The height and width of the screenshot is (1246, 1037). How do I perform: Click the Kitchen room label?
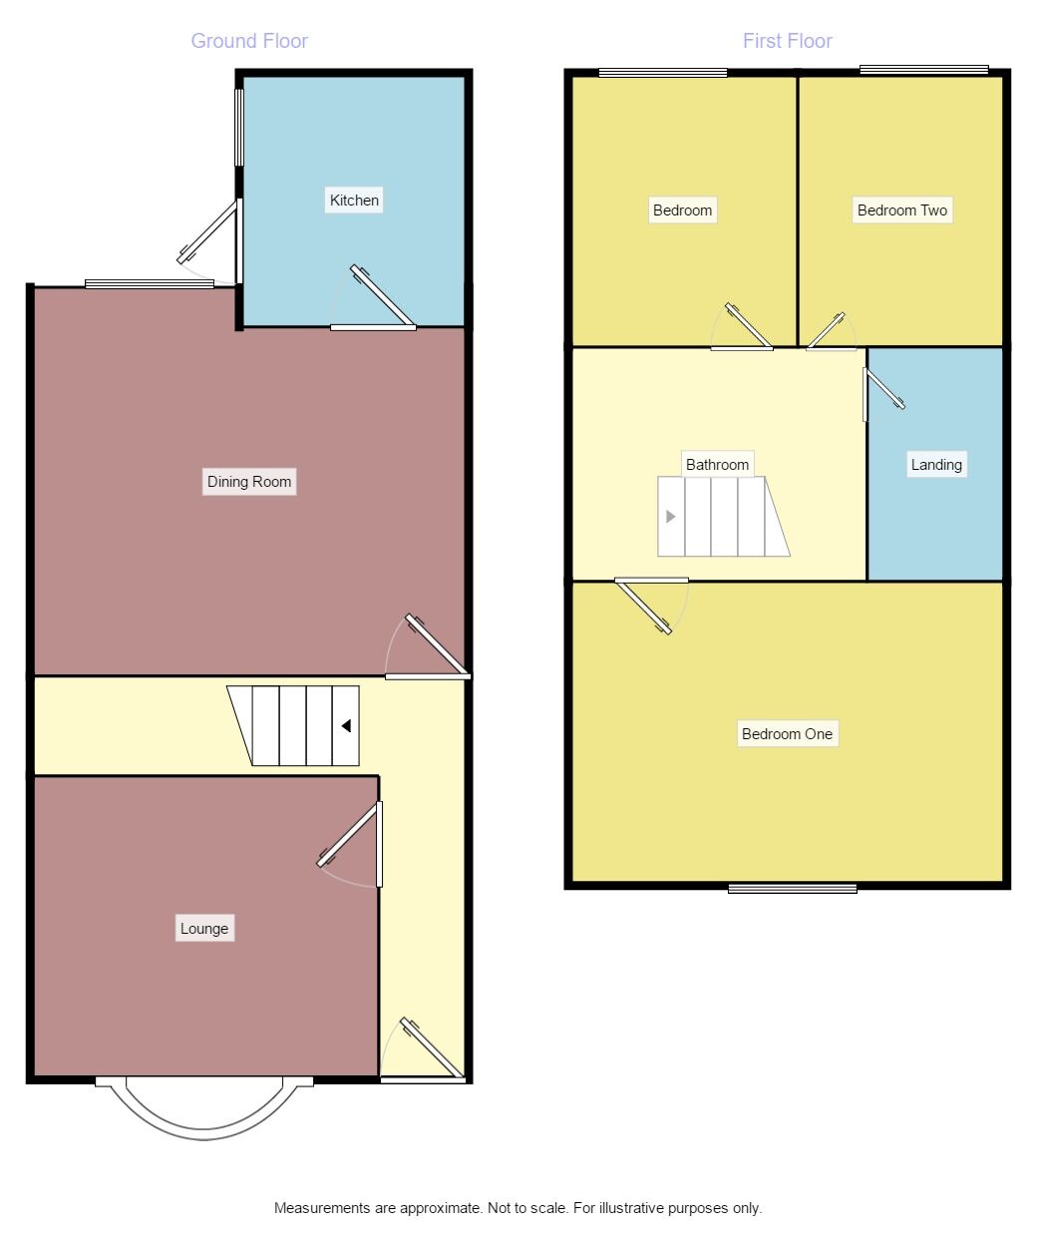tap(354, 200)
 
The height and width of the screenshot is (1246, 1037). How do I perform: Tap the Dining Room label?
tap(249, 482)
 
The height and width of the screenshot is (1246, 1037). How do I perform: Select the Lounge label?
tap(204, 928)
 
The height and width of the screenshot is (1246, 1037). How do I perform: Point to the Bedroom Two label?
tap(902, 209)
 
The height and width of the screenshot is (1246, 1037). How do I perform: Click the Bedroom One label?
tap(787, 734)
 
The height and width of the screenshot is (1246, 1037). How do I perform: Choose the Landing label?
tap(936, 464)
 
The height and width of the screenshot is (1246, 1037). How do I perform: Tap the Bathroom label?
tap(717, 464)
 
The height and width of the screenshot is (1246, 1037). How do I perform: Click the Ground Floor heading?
tap(249, 41)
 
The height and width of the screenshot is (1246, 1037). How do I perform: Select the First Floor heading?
tap(787, 41)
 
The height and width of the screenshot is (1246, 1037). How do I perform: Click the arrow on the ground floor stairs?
tap(346, 726)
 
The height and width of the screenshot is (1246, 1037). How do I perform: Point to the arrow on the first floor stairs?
tap(671, 517)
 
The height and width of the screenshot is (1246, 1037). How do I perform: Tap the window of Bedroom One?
tap(792, 887)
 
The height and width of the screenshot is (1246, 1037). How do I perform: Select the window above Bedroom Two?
tap(923, 70)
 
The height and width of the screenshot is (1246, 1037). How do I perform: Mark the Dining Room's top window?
tap(150, 284)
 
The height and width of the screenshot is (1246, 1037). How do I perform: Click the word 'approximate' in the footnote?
tap(440, 1208)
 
